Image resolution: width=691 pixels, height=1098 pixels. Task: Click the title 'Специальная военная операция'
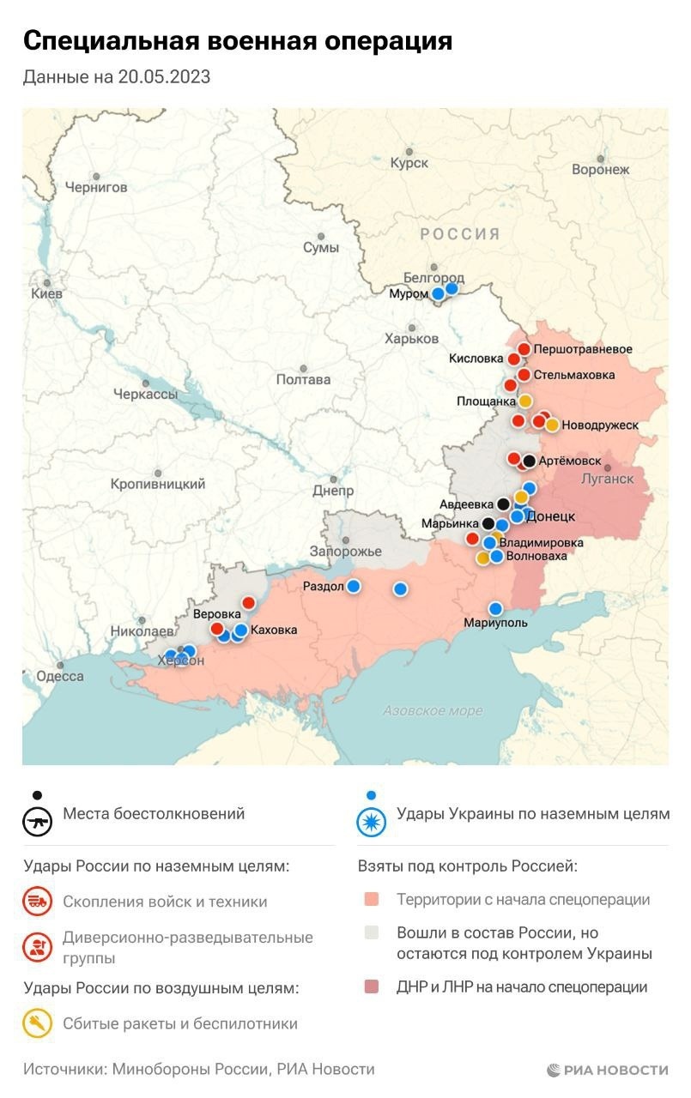(237, 40)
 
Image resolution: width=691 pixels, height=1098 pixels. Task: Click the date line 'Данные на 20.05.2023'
(117, 77)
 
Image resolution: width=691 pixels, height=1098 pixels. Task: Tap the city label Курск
(409, 163)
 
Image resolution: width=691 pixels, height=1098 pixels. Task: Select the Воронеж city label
(600, 170)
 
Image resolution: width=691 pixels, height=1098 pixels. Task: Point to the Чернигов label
(96, 187)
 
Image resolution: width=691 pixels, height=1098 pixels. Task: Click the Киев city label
(46, 293)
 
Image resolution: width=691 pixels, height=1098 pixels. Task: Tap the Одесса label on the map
(59, 676)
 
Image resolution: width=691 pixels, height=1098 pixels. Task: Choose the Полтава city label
(303, 379)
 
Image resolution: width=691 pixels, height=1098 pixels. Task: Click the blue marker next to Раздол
(353, 587)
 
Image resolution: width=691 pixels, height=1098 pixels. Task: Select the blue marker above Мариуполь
(495, 608)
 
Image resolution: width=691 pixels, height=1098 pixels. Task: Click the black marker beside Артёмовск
(529, 461)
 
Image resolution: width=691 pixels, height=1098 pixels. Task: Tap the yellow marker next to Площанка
(525, 401)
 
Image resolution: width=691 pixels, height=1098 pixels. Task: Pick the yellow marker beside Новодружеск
(552, 425)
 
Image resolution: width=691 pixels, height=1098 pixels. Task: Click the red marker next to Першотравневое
(524, 349)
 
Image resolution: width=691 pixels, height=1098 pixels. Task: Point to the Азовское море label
(432, 710)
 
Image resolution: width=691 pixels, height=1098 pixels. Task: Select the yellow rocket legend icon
(38, 1023)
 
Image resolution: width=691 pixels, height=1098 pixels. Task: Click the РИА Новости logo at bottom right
(608, 1070)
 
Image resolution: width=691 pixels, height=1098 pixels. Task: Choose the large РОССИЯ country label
(459, 234)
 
